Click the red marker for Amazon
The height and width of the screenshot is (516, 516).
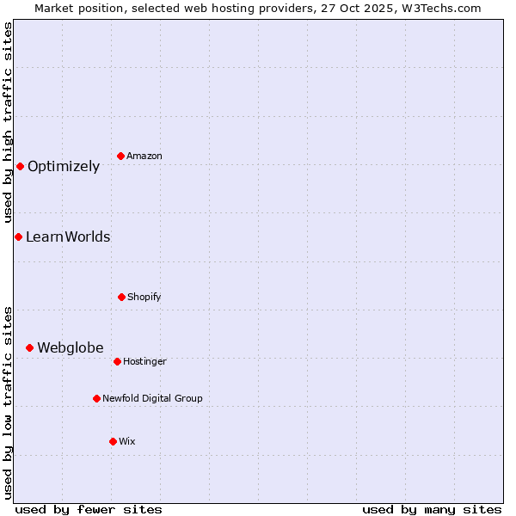pos(120,156)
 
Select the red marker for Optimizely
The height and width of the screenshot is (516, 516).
pos(20,166)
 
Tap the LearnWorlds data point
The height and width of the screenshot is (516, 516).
pos(18,236)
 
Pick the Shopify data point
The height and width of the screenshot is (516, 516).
pos(121,297)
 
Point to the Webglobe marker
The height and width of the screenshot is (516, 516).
pos(29,347)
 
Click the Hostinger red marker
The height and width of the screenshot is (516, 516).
pos(117,361)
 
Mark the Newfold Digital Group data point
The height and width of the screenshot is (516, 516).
pos(96,398)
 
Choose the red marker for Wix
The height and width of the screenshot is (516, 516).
pos(113,441)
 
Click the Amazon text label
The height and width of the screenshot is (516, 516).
pos(144,157)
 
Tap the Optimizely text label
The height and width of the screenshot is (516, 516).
pos(64,167)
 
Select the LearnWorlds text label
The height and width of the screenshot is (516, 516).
pos(68,237)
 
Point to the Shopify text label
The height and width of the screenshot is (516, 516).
pos(144,298)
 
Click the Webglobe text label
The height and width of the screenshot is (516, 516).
pos(71,348)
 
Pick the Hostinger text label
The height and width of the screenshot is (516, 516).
pos(144,362)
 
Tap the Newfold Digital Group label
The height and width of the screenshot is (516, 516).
pos(153,399)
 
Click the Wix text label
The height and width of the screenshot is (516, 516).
pos(127,442)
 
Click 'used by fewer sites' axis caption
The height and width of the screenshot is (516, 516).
pos(89,510)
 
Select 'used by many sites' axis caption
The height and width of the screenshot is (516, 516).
pos(432,510)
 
